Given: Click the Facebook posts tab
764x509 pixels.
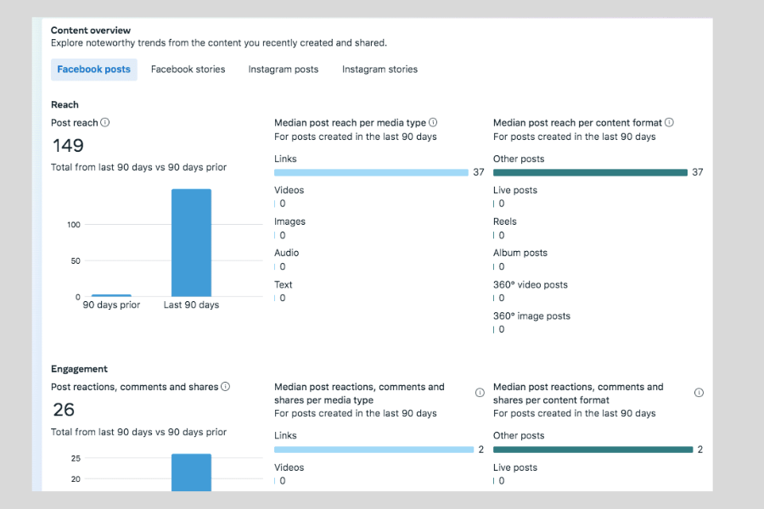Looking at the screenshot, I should pos(93,70).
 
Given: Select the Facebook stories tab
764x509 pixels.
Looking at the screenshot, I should pos(188,70).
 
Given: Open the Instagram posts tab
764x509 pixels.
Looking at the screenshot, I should pos(283,70).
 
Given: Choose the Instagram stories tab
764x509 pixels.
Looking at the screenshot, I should pos(379,70).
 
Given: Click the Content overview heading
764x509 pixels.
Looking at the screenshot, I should pos(91,31).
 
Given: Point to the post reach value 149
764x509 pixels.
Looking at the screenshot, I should pos(68,146).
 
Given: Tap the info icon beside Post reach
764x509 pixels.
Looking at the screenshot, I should pos(105,122).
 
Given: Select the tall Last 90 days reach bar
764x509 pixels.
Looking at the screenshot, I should pos(191,242).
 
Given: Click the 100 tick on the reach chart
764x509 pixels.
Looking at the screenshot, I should pos(74,225).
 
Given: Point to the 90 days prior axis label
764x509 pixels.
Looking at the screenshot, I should pos(111,305).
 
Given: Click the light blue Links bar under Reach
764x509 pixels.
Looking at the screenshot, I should pos(371,172).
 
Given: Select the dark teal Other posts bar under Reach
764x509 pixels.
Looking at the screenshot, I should pos(590,172).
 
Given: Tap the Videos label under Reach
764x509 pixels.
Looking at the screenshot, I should pos(289,190).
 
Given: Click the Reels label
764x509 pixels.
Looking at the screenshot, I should pos(504,221).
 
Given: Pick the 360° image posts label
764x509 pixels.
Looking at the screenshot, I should pos(531,316).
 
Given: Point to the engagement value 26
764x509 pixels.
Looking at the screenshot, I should pos(64,410).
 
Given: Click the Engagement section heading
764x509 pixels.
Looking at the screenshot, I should pos(79,369).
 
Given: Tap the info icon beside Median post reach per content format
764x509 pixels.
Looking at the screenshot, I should pos(669,122).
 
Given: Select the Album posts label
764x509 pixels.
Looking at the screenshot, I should pos(520,253).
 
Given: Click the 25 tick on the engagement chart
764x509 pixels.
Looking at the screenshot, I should pos(75,458).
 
